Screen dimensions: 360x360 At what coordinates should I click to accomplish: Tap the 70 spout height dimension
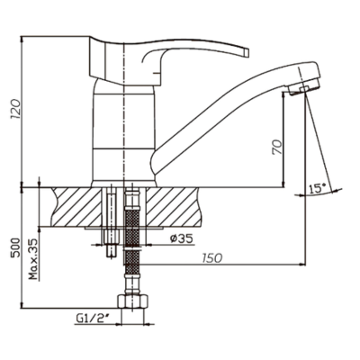278,147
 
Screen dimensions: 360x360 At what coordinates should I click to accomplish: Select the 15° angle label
318,189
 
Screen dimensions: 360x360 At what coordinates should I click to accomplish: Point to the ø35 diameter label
181,238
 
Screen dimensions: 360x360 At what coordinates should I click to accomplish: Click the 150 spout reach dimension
211,257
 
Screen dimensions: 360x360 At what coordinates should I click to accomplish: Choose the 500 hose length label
15,247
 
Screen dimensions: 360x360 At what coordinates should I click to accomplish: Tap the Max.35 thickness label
34,259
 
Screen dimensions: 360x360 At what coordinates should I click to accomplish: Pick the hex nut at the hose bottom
132,301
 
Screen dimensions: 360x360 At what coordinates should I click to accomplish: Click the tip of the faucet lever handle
247,52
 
